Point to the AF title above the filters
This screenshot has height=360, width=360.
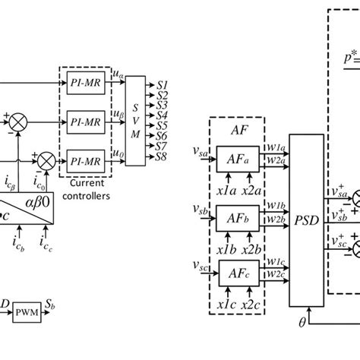[x=237, y=130]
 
